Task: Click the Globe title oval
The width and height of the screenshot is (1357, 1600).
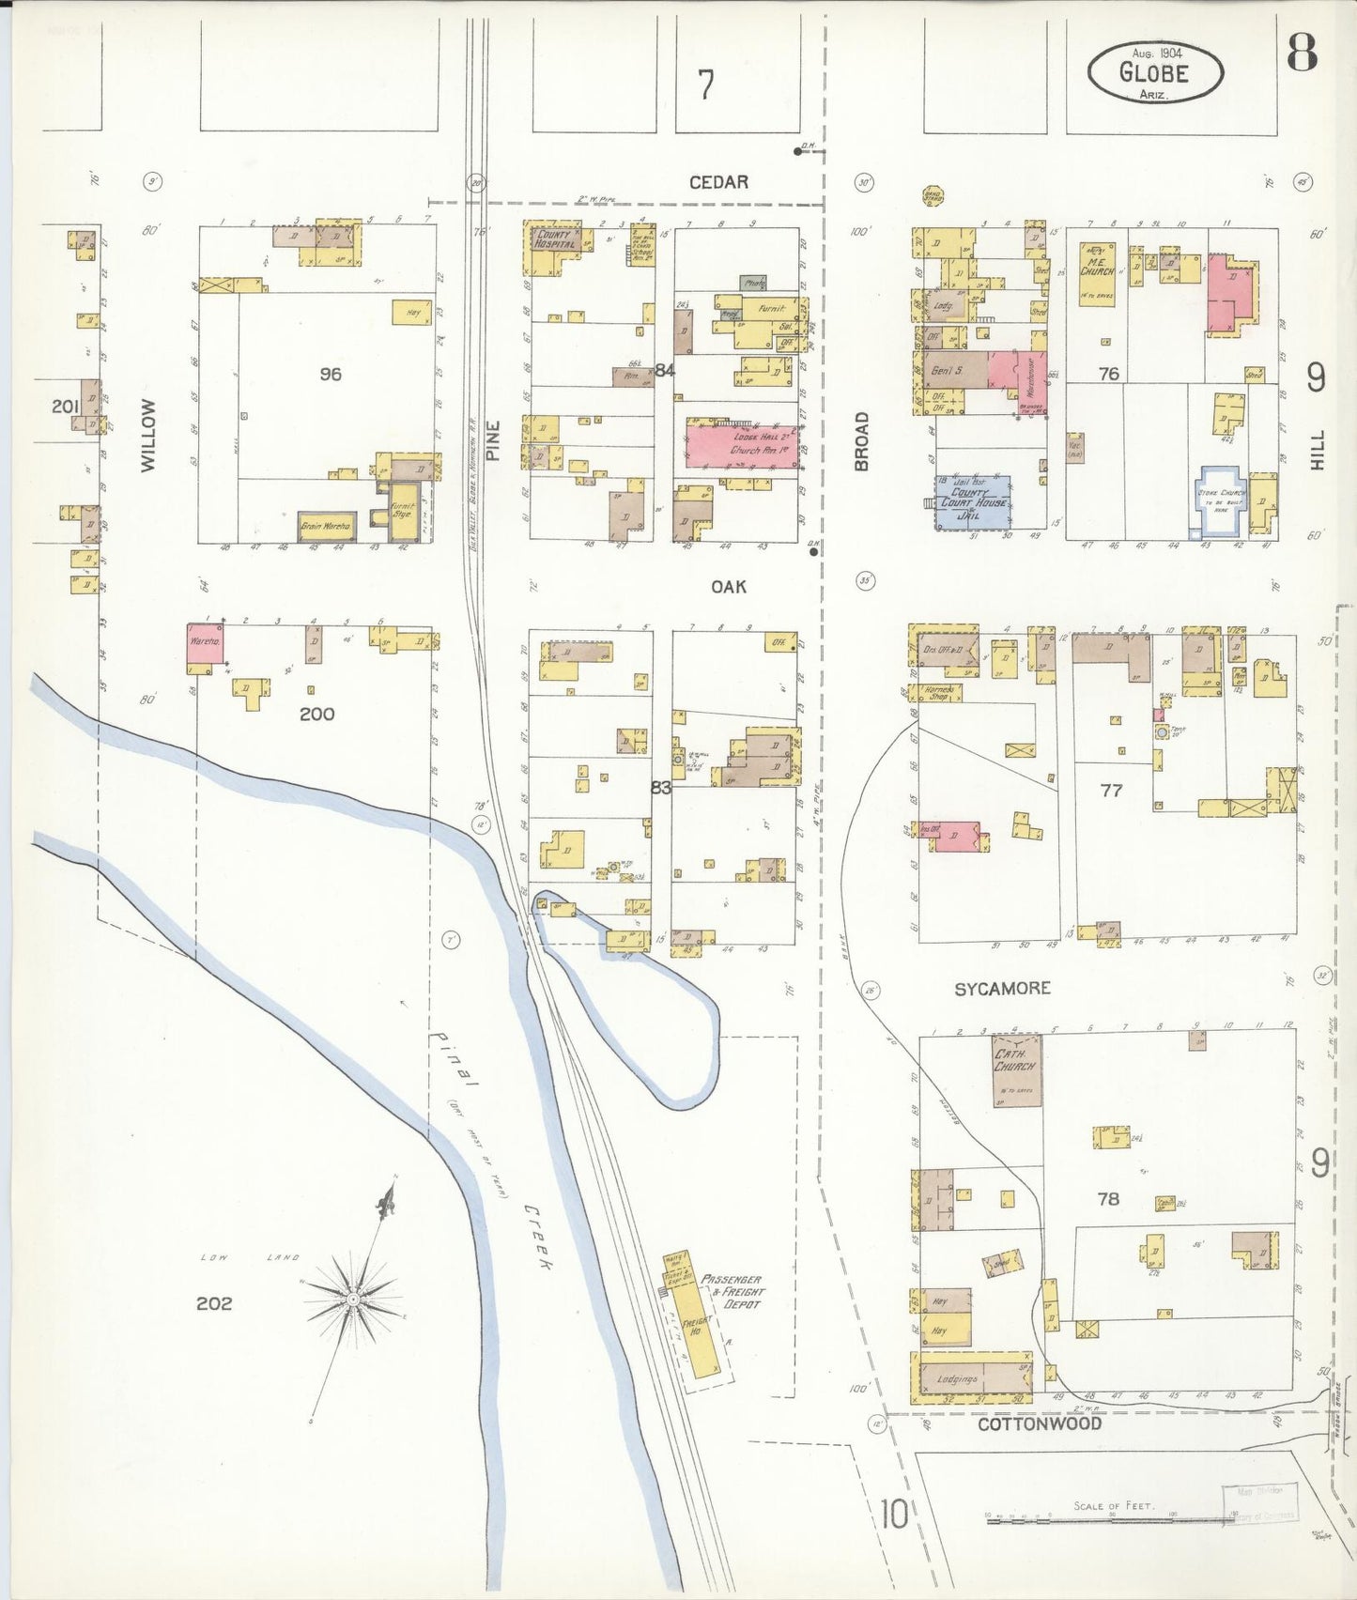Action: (1156, 71)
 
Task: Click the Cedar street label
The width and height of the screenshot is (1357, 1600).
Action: (718, 182)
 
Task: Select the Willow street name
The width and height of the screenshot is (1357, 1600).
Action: (147, 434)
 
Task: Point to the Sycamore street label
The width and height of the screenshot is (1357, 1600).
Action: (1002, 989)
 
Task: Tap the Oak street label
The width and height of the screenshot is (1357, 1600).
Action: (728, 586)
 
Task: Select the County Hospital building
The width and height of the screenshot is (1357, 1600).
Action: (554, 238)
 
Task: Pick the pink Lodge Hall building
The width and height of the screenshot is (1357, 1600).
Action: (742, 444)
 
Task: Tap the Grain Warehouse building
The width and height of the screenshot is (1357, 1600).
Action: (326, 527)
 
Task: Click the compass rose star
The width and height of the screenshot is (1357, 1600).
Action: (354, 1299)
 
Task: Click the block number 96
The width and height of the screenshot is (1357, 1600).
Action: (330, 374)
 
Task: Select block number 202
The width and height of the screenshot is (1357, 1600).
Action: (214, 1303)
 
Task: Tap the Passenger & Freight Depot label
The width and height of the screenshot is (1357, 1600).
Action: (733, 1291)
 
